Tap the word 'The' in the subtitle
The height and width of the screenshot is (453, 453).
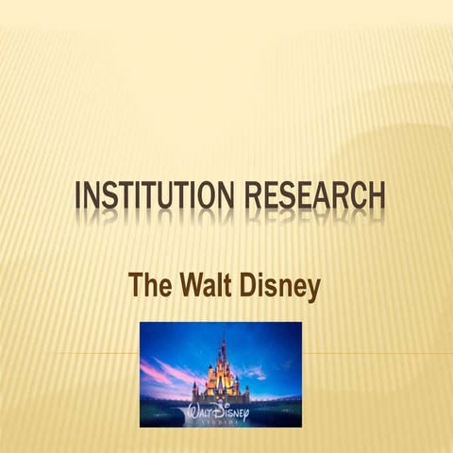[150, 285]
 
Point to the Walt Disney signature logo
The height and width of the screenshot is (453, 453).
[220, 411]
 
